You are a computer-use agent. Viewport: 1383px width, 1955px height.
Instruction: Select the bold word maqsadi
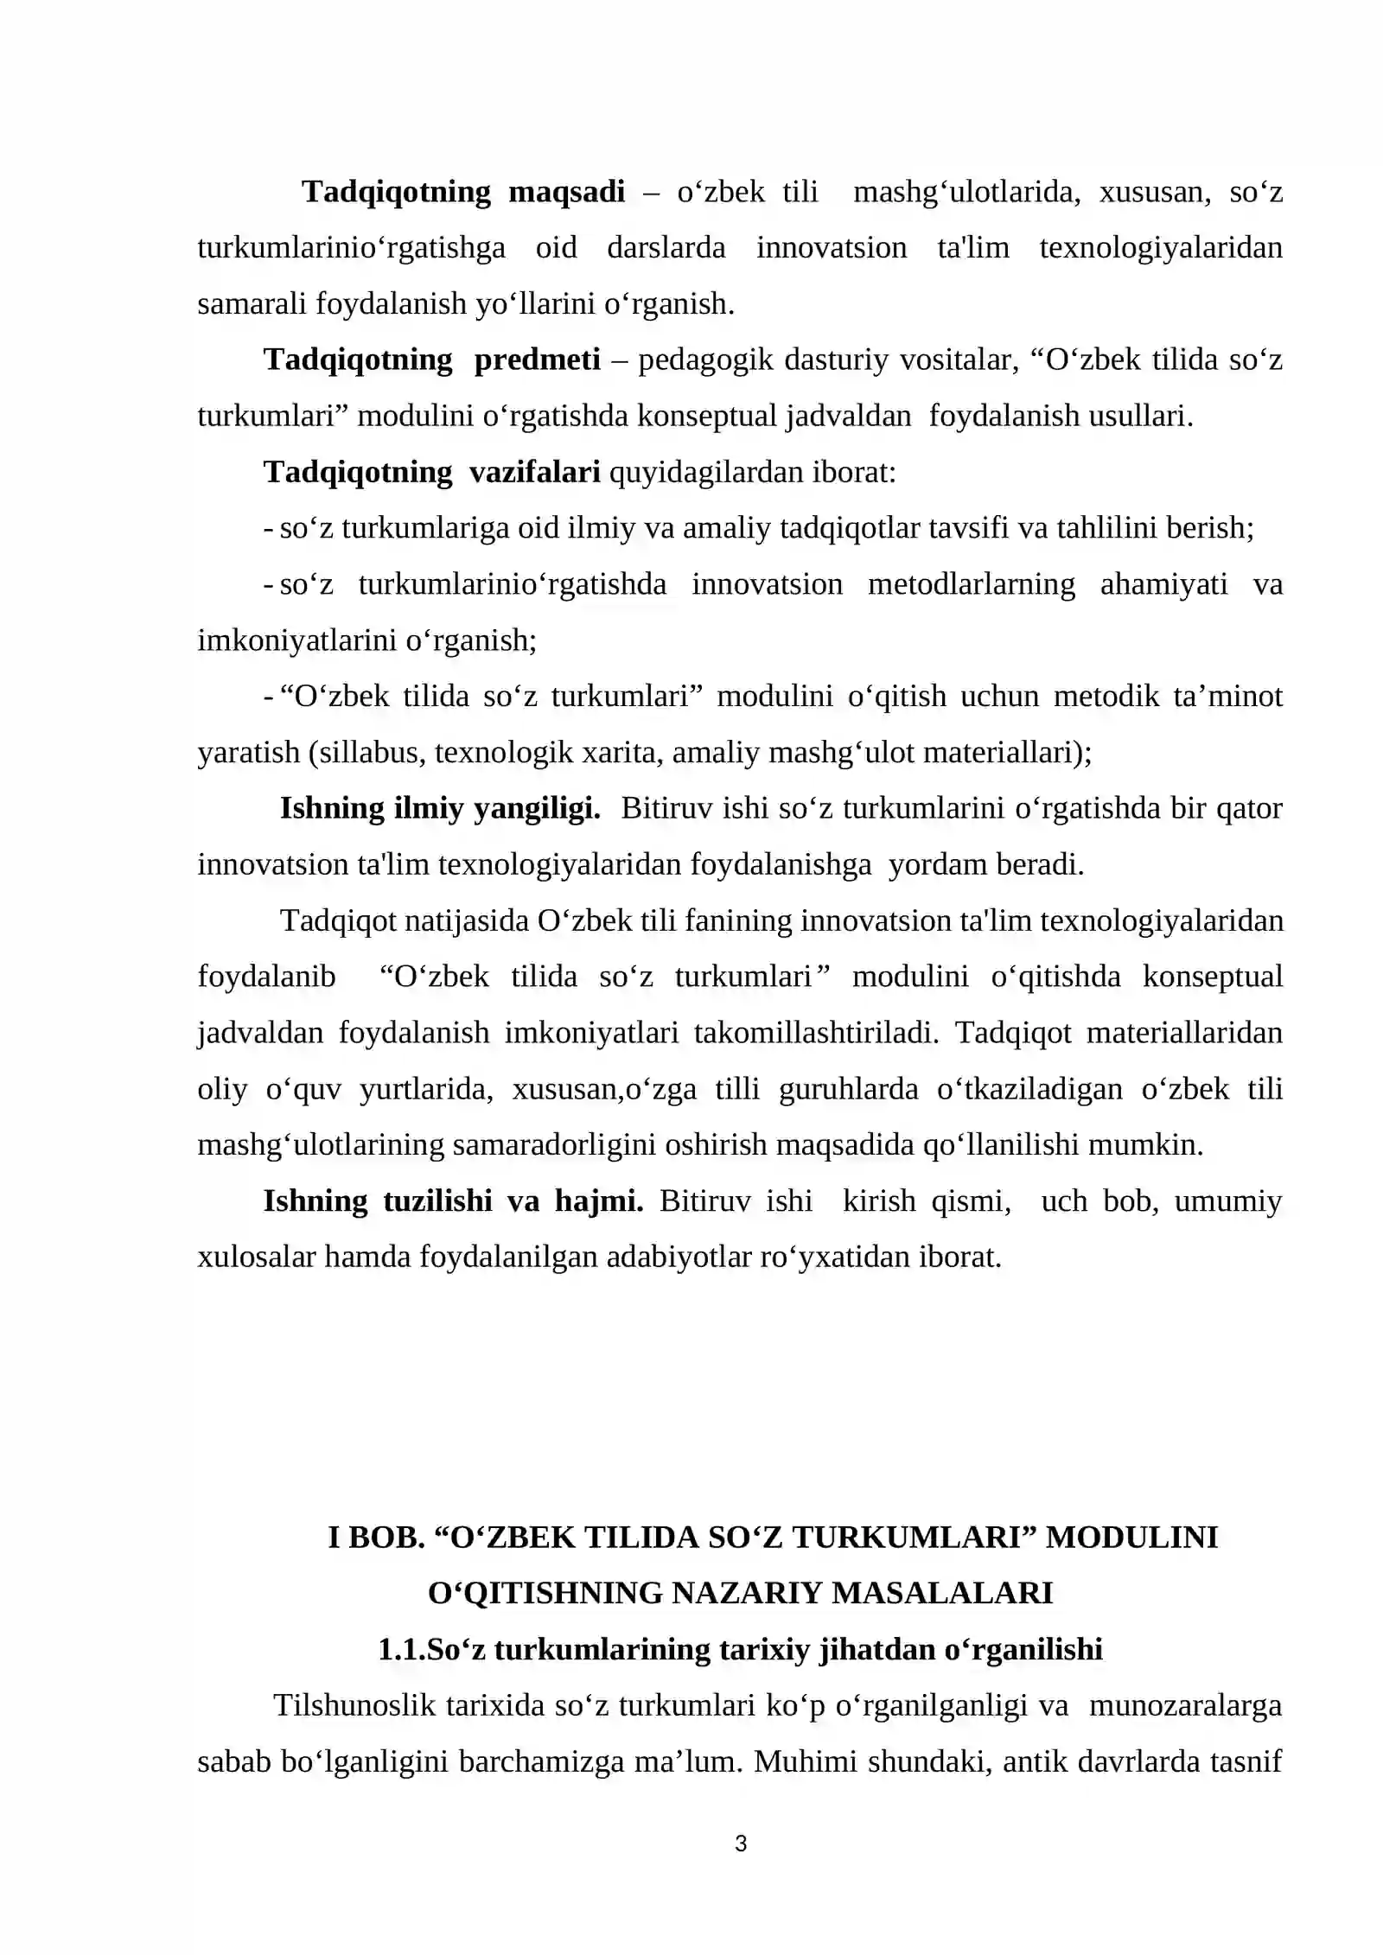[x=566, y=192]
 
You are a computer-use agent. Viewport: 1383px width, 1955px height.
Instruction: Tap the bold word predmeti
[x=537, y=360]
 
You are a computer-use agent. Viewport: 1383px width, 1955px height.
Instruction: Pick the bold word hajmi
[x=599, y=1200]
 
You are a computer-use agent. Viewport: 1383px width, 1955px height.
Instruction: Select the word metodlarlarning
[x=972, y=584]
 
